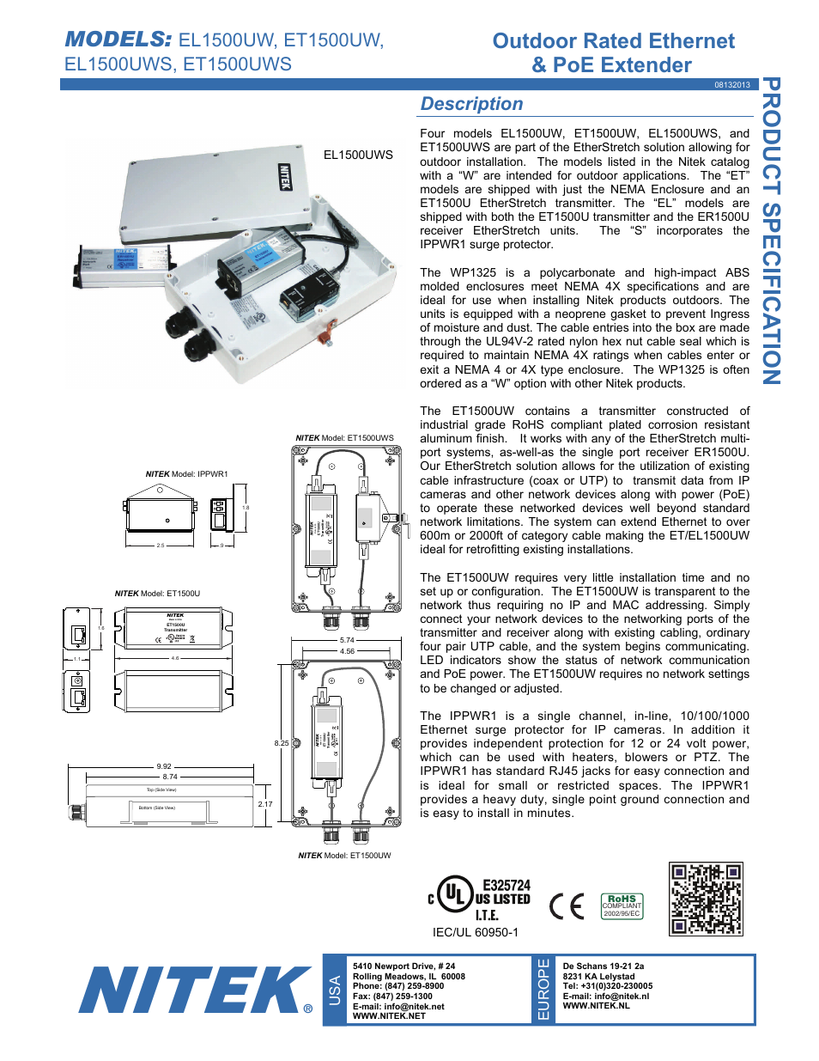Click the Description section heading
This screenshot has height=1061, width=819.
[471, 104]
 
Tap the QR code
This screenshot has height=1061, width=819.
[706, 899]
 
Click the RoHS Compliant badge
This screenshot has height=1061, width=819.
[622, 906]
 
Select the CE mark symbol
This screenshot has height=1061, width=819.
[566, 906]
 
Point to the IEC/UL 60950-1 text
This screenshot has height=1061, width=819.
[475, 932]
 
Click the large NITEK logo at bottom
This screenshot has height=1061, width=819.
[196, 990]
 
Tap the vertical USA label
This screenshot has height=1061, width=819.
[335, 990]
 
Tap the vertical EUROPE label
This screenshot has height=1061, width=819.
[543, 990]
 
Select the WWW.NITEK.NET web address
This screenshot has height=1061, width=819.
[389, 1015]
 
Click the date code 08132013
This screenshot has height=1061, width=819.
[731, 85]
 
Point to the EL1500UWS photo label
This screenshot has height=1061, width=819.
[358, 155]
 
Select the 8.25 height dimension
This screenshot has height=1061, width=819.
[281, 743]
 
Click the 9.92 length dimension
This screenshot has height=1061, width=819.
[164, 766]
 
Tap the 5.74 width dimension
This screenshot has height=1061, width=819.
[347, 640]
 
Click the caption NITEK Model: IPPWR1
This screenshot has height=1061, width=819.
[186, 474]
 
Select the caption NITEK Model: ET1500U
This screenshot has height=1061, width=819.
[157, 594]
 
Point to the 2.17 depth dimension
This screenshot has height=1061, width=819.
[265, 805]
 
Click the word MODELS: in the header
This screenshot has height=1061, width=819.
[118, 40]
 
